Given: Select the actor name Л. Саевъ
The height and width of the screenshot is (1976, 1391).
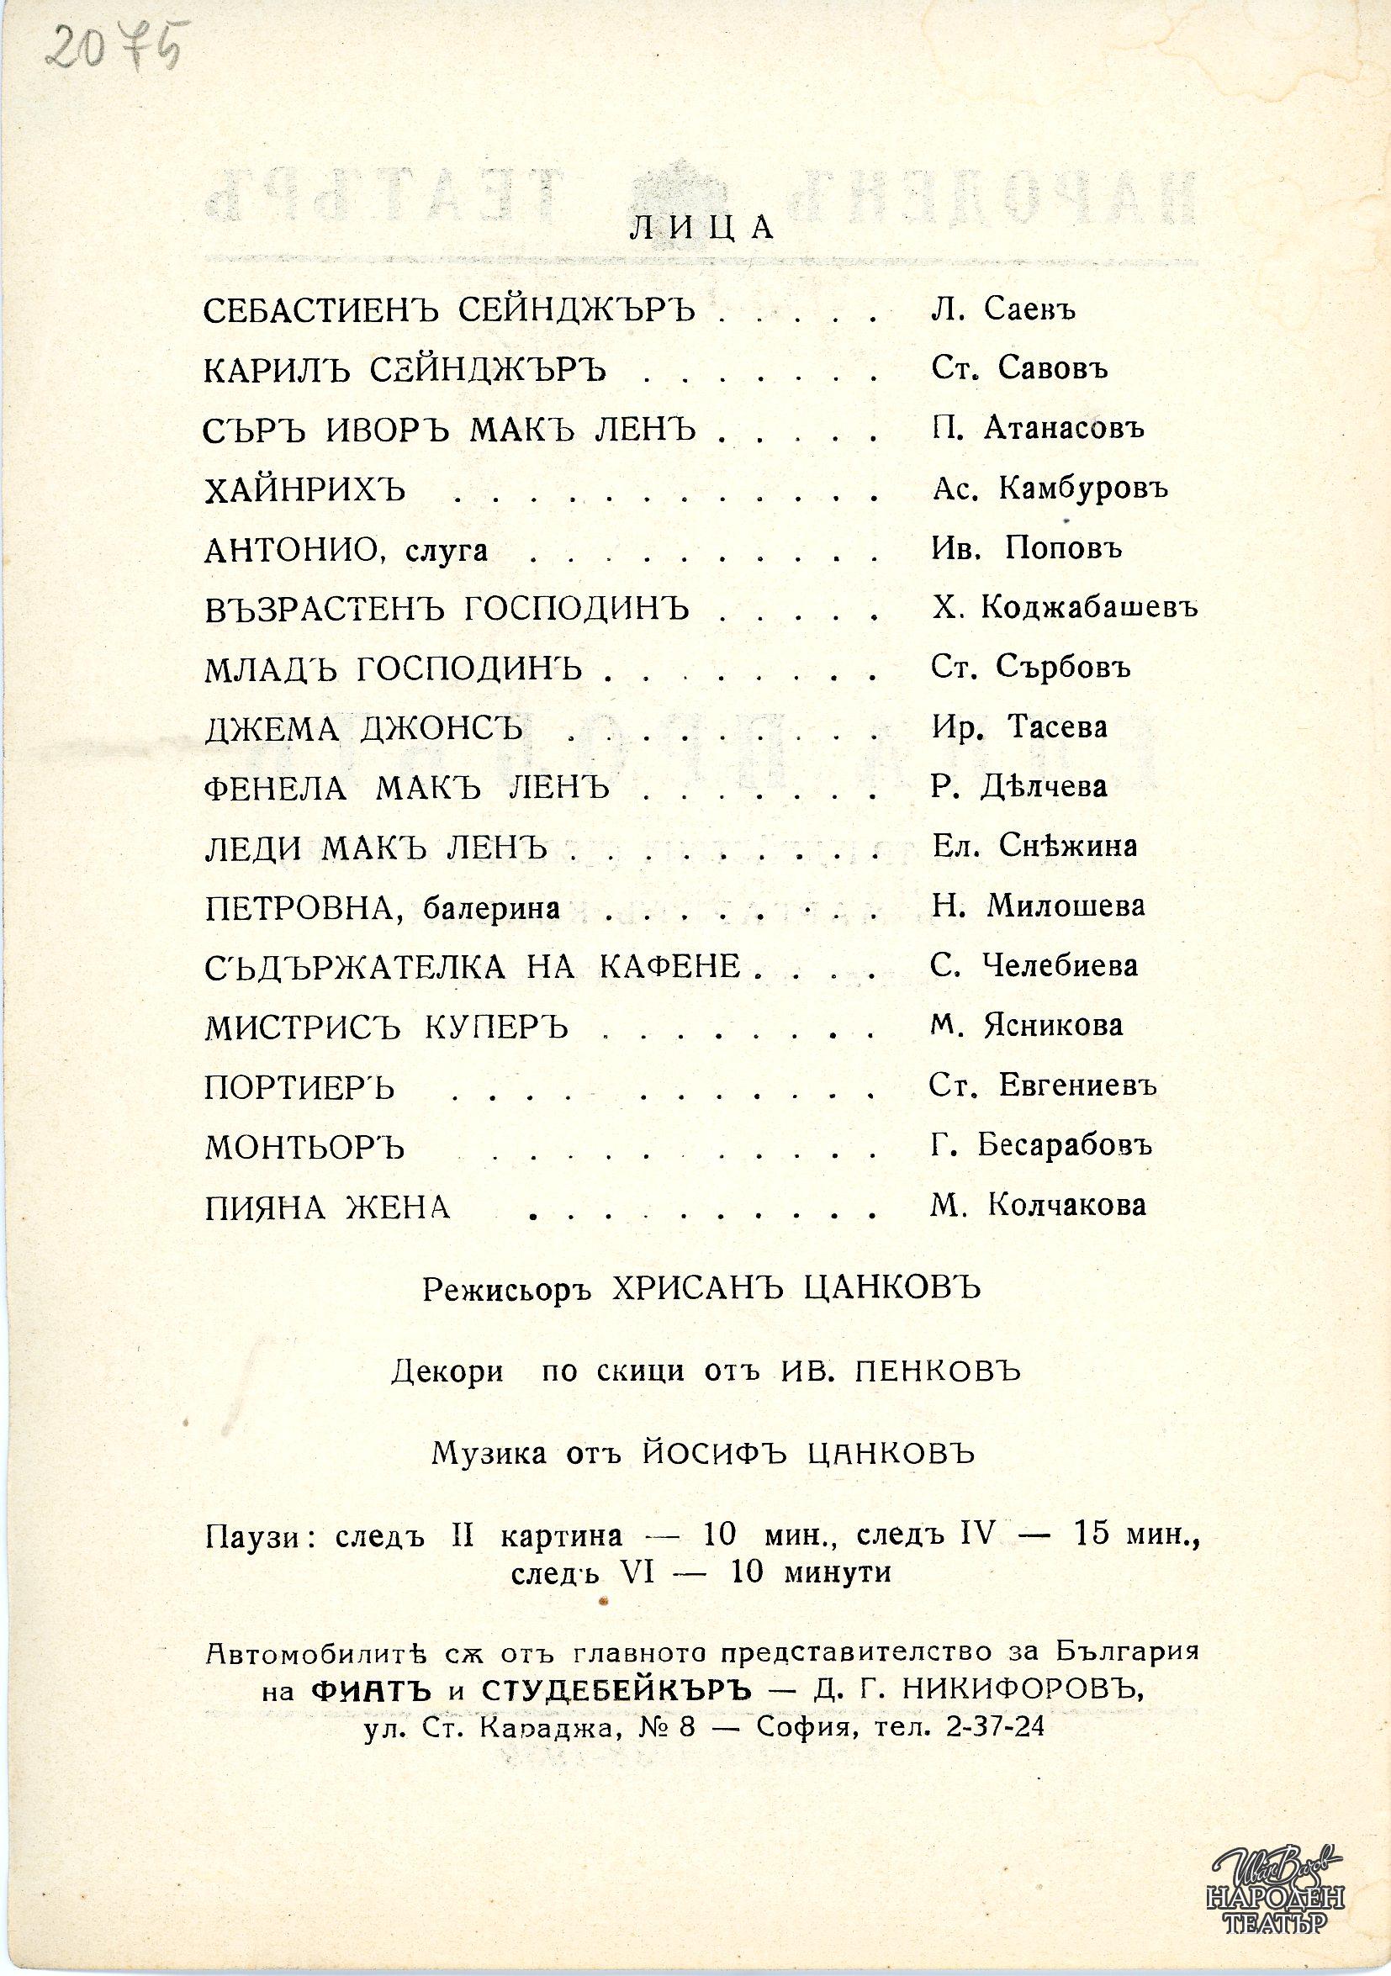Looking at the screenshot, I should (x=1003, y=308).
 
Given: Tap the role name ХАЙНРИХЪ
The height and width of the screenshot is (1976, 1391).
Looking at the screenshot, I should (x=304, y=490).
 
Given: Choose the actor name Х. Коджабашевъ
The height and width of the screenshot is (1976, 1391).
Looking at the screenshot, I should (x=1065, y=608).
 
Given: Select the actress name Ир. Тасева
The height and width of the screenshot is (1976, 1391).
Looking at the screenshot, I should (x=1019, y=728).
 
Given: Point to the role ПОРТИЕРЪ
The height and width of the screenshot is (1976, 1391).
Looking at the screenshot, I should (x=299, y=1089).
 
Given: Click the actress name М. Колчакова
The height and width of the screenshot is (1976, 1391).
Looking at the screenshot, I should (x=1038, y=1205).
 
